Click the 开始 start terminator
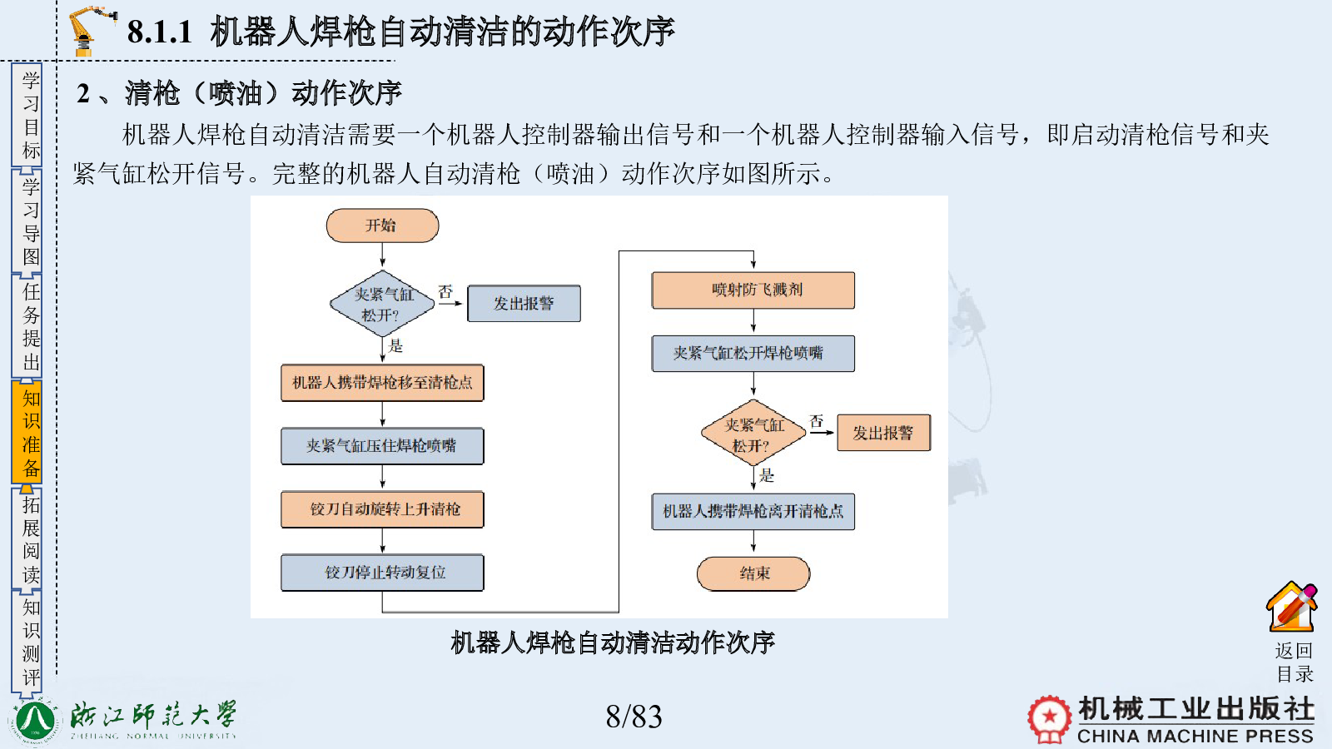[382, 226]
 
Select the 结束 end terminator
[753, 573]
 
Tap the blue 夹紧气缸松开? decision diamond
[382, 304]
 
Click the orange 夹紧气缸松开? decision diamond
[753, 433]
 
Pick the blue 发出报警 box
[524, 304]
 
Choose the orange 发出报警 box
[883, 433]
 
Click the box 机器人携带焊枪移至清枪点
[382, 383]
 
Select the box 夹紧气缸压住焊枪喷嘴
[382, 446]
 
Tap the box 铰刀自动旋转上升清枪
[382, 509]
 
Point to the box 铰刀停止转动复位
[382, 573]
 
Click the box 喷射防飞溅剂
[753, 290]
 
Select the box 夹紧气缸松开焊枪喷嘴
[753, 354]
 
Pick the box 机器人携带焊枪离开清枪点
[753, 511]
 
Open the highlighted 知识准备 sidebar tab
[27, 432]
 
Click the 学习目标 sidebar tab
[27, 116]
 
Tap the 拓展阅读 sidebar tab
[27, 540]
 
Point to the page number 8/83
[634, 717]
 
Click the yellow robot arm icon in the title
[91, 31]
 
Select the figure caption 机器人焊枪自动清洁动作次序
[613, 642]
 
